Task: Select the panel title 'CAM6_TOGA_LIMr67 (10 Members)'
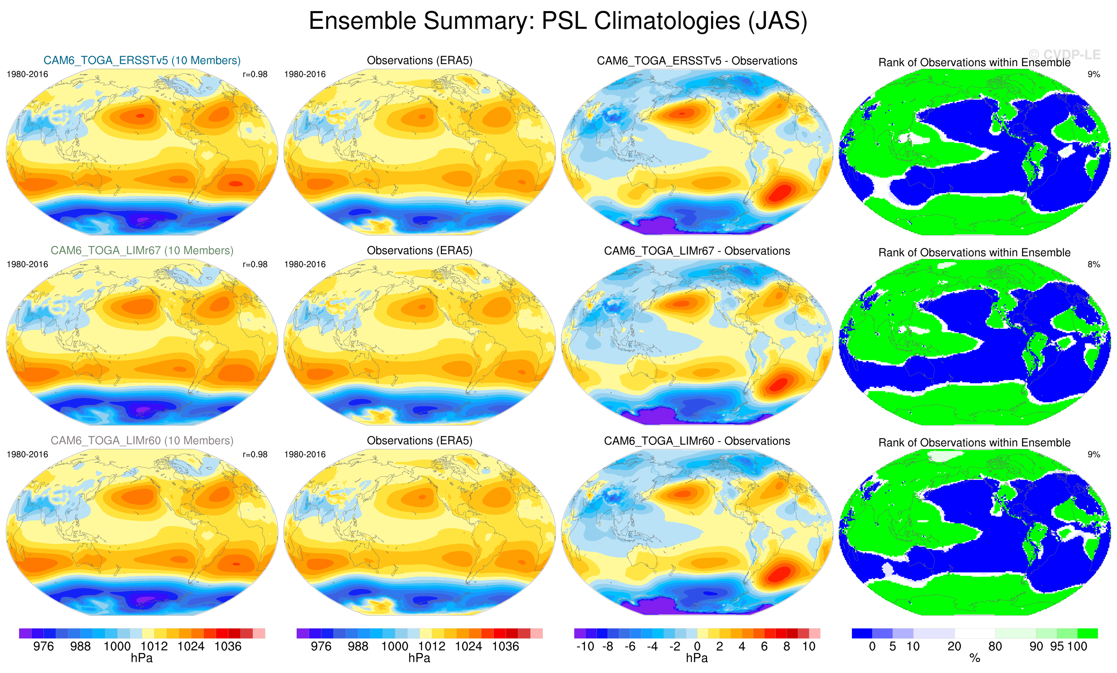(142, 251)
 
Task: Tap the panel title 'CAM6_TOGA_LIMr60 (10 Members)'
(142, 441)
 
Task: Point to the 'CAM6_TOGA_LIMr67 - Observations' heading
(697, 251)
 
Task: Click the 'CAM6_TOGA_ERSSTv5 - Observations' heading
(697, 61)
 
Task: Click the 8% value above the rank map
(1093, 264)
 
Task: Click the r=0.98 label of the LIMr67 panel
(255, 264)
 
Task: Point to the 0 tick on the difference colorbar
(697, 647)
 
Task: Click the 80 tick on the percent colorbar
(995, 647)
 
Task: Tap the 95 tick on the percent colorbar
(1057, 647)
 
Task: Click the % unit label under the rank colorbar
(975, 659)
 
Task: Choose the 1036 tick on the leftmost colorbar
(228, 647)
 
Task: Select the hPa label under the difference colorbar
(697, 659)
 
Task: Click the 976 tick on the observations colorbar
(321, 647)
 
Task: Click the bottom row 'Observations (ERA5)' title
(419, 441)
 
